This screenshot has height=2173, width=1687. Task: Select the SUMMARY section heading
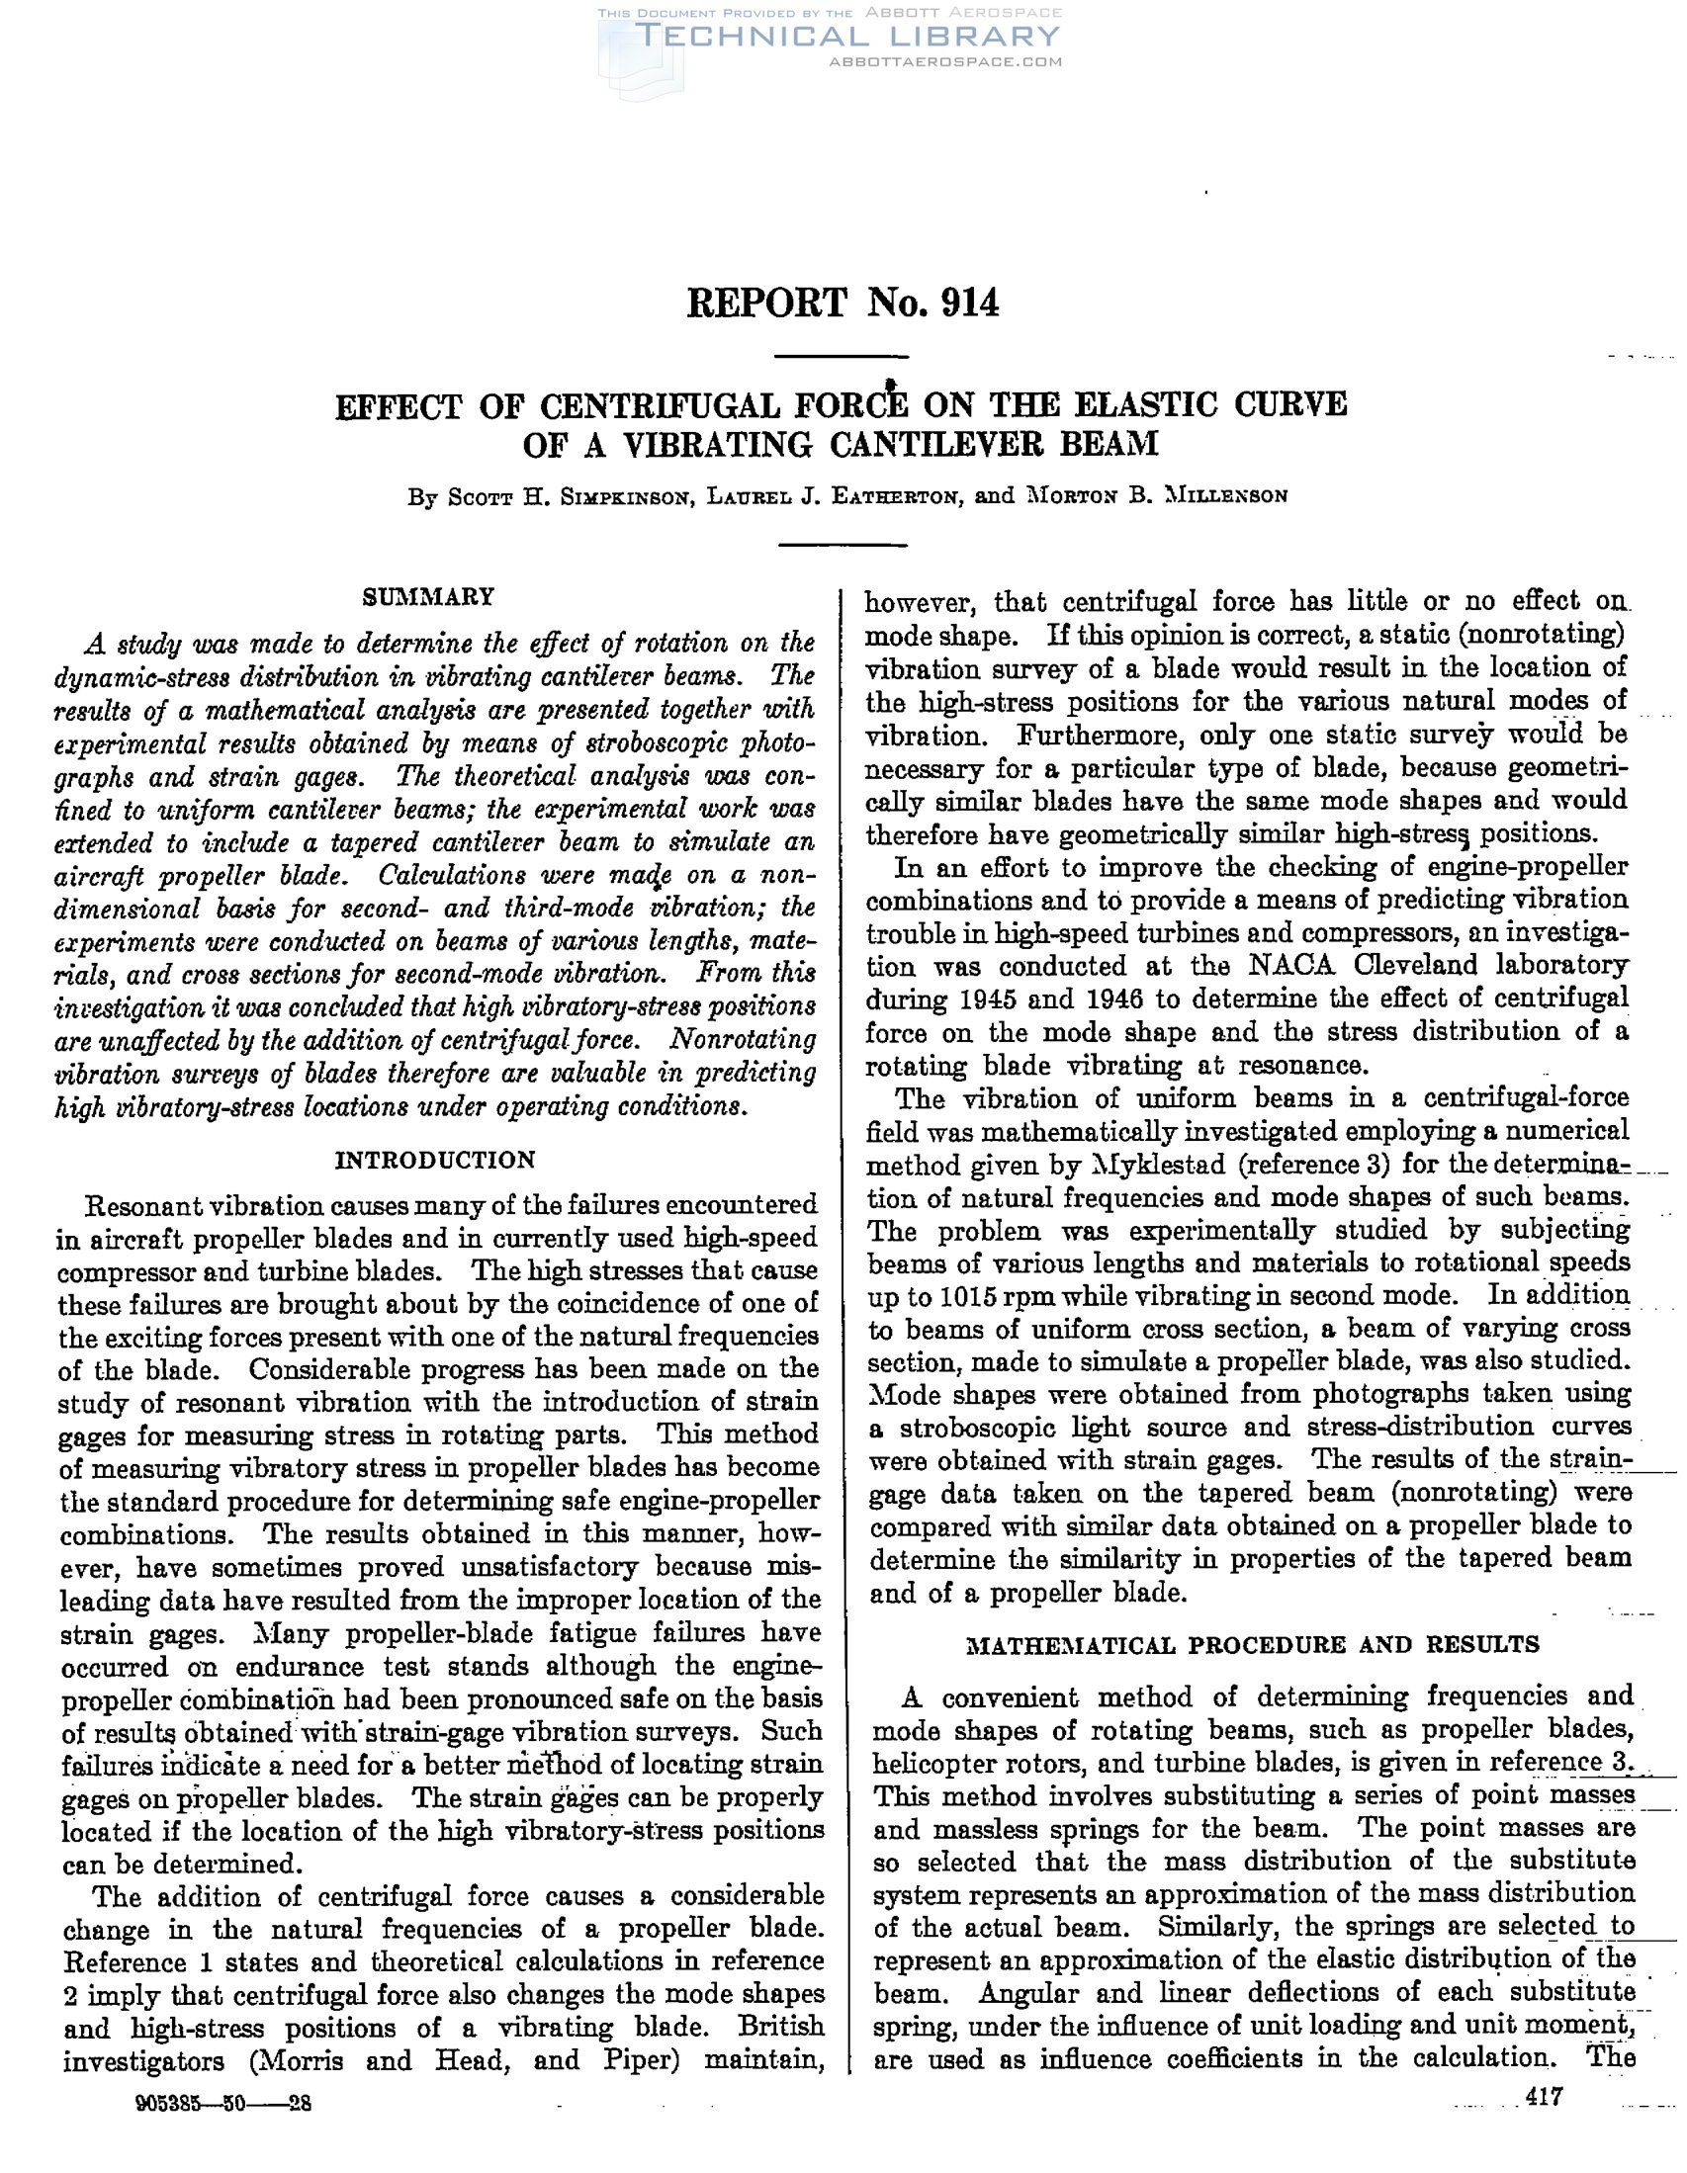pyautogui.click(x=428, y=597)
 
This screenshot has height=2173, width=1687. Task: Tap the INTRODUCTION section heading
pyautogui.click(x=435, y=1160)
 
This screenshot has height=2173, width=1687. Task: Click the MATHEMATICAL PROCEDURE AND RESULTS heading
pyautogui.click(x=1253, y=1645)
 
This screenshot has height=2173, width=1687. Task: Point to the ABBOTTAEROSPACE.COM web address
pyautogui.click(x=944, y=61)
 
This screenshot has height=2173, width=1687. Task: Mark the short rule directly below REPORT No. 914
pyautogui.click(x=841, y=356)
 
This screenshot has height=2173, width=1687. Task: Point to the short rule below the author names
pyautogui.click(x=841, y=545)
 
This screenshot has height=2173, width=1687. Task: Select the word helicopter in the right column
pyautogui.click(x=945, y=1764)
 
